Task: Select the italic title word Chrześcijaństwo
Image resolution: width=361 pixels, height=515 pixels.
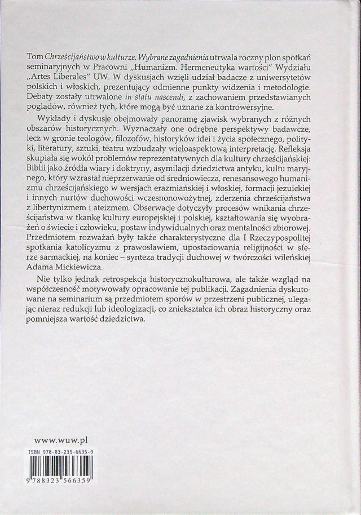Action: [x=75, y=58]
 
